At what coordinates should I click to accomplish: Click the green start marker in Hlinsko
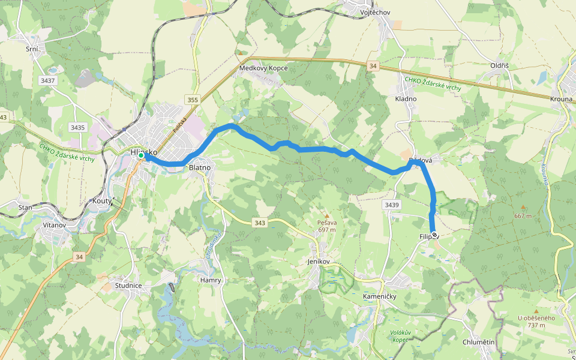pos(141,156)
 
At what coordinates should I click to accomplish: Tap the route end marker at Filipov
pos(434,236)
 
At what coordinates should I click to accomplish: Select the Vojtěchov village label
pos(376,12)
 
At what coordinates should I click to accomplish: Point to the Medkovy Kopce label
pos(263,68)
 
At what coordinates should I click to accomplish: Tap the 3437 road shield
pos(47,80)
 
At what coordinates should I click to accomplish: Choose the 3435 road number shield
pos(77,127)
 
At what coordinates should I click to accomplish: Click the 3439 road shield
pos(391,205)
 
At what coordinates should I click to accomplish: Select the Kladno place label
pos(406,98)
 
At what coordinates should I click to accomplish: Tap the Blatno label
pos(199,169)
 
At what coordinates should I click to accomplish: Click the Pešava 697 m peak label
pos(326,226)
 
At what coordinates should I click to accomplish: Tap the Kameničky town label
pos(380,296)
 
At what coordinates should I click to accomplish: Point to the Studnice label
pos(128,286)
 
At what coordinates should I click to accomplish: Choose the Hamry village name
pos(211,280)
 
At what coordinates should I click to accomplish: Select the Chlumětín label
pos(479,342)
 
